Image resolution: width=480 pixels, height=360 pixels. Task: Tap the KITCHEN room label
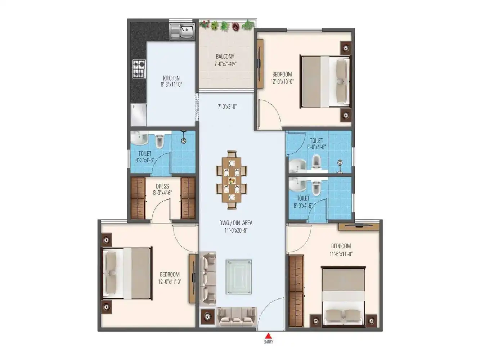pos(171,78)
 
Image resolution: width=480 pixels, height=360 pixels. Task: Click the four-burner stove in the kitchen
pos(139,69)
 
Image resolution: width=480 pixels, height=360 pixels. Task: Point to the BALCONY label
pos(225,57)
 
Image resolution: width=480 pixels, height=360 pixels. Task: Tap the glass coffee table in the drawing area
pos(239,276)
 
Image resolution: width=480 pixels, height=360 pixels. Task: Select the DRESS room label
pos(162,186)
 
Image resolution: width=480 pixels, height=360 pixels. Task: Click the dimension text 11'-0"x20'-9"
pos(236,230)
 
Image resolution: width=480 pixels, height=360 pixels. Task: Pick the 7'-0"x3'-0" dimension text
pos(227,107)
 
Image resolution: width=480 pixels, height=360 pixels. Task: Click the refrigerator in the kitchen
pos(138,115)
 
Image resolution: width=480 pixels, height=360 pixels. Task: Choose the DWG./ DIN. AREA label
pos(236,223)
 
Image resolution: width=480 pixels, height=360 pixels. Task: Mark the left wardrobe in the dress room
pos(138,198)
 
